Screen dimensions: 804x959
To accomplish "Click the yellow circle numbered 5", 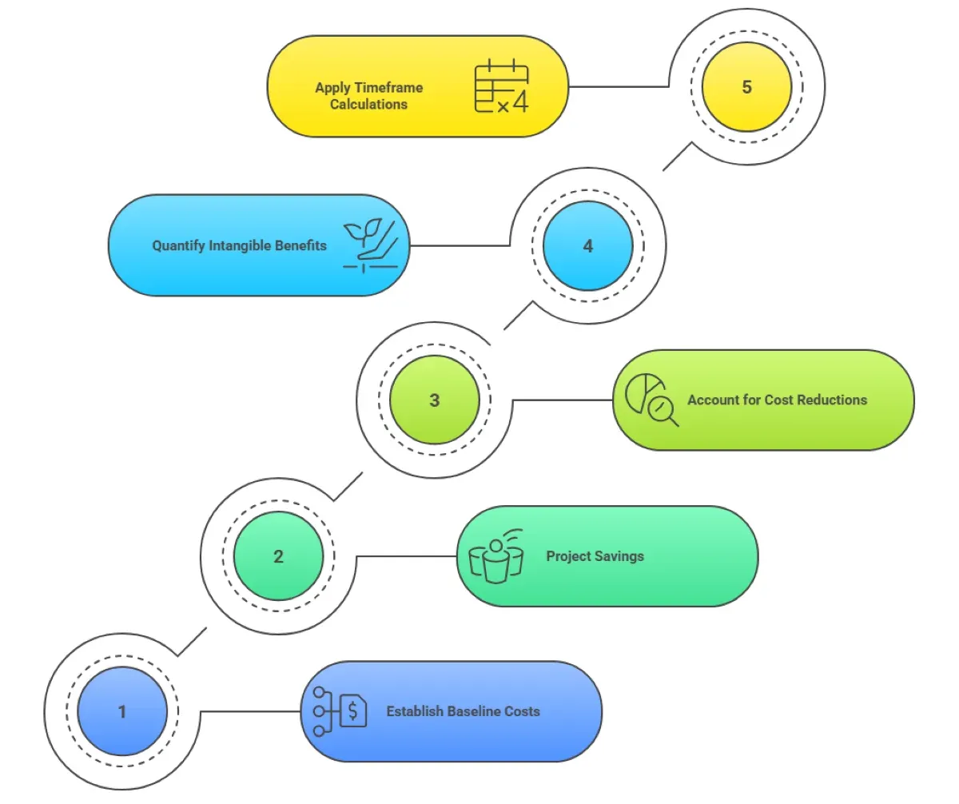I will [746, 86].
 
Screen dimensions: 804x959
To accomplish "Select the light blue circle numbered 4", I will [588, 245].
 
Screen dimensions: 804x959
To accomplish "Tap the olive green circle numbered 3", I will [434, 400].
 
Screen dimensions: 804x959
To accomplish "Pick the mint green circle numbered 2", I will [278, 555].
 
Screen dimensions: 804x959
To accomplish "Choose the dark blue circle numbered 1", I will [122, 710].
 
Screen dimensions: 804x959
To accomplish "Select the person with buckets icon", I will [495, 555].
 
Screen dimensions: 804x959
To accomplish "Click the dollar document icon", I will [341, 710].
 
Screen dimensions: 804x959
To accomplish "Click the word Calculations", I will [369, 104].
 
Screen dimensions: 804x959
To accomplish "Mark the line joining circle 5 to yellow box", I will [619, 86].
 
